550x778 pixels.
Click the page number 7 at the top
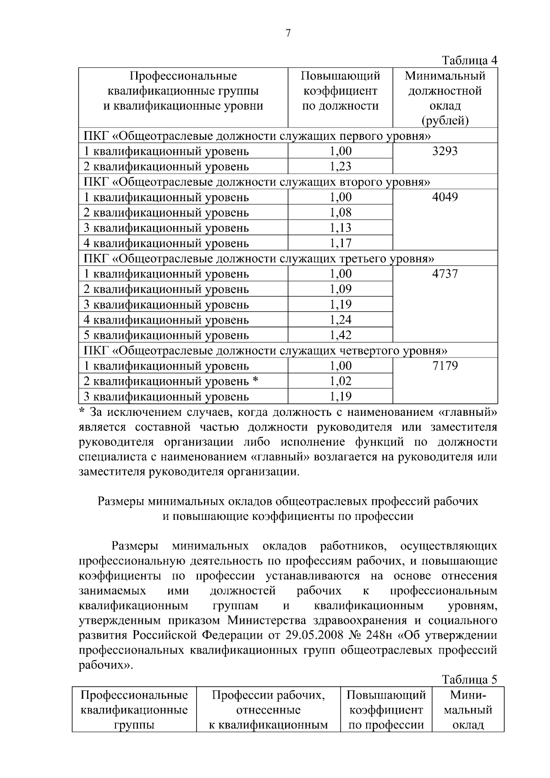[x=288, y=33]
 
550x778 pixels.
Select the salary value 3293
[x=445, y=151]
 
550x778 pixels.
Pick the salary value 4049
[x=445, y=197]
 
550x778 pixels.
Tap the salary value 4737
[x=445, y=274]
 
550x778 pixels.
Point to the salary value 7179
[x=445, y=366]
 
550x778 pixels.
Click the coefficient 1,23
[x=341, y=166]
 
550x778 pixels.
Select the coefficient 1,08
[x=341, y=212]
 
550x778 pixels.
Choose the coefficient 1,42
[x=341, y=335]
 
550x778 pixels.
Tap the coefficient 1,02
[x=341, y=381]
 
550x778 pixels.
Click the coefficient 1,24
[x=341, y=320]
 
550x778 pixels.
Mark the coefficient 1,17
[x=341, y=243]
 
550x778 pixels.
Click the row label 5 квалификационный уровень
[x=166, y=336]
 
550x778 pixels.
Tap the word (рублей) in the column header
[x=445, y=121]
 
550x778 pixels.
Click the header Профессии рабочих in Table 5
[x=268, y=695]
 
